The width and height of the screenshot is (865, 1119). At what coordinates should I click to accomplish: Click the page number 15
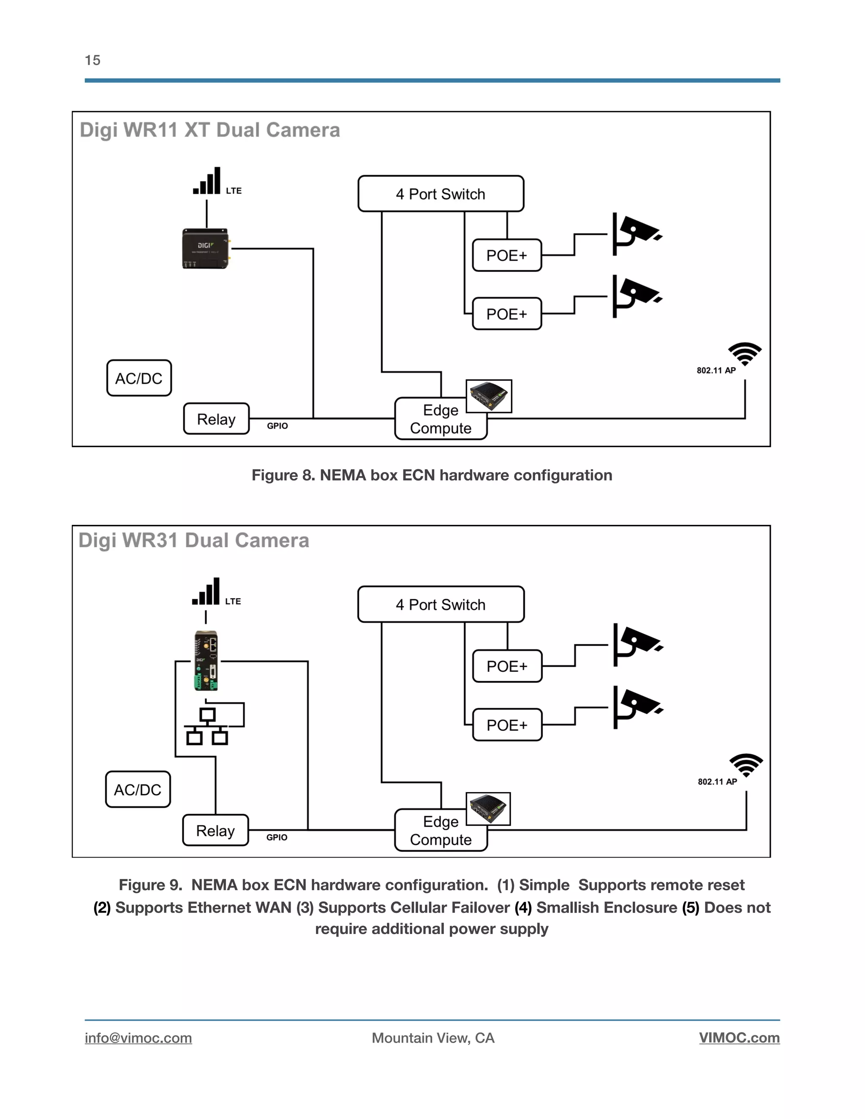point(92,60)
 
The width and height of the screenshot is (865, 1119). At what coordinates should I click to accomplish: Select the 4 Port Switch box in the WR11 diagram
point(440,194)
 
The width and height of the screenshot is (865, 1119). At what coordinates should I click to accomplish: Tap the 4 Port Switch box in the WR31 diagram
point(440,604)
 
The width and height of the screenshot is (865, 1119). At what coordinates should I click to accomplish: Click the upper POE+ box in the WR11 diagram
point(506,255)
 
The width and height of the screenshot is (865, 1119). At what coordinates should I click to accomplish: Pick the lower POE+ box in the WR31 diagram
point(507,725)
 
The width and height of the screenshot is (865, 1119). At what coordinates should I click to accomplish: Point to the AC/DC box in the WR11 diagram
point(139,378)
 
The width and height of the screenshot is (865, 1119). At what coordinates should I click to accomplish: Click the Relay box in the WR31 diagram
point(215,830)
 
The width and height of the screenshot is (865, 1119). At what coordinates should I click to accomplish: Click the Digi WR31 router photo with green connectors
point(207,660)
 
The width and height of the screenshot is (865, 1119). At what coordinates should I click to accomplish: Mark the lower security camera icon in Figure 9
point(637,706)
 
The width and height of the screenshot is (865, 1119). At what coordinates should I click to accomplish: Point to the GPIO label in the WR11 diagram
point(277,426)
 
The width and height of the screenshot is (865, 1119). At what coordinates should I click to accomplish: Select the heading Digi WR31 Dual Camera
point(194,540)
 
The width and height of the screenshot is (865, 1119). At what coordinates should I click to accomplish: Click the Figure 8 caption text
point(432,475)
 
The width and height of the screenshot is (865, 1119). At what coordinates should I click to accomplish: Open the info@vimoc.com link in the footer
point(139,1038)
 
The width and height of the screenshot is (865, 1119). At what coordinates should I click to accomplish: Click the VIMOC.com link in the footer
point(739,1038)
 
